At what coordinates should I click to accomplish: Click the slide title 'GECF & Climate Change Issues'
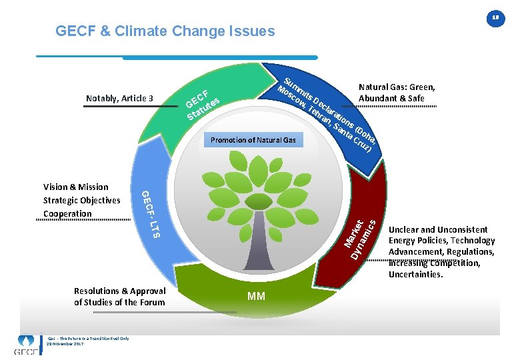[x=165, y=31]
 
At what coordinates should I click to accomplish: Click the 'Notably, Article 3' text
[x=120, y=99]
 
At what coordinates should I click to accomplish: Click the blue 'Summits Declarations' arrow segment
[x=327, y=113]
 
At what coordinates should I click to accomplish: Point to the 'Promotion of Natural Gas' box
[x=253, y=140]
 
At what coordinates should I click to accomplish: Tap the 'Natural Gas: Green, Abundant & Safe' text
[x=397, y=93]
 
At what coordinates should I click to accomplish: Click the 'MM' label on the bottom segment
[x=257, y=296]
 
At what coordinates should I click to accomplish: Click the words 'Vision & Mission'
[x=75, y=187]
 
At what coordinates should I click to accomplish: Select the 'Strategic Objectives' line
[x=81, y=200]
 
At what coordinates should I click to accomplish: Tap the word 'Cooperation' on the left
[x=67, y=213]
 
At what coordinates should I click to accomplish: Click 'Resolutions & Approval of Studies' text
[x=120, y=297]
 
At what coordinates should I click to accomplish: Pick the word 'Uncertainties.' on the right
[x=415, y=274]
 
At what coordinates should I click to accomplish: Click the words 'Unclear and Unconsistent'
[x=438, y=229]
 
